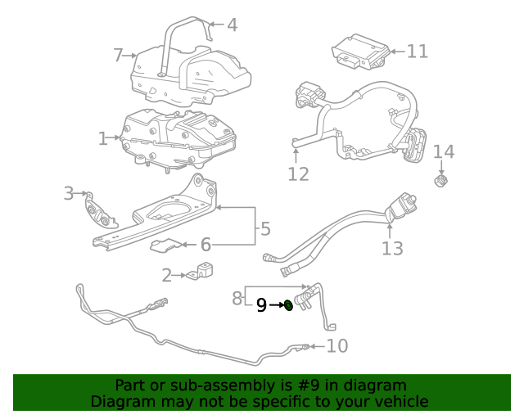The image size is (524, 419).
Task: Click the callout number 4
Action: (x=233, y=25)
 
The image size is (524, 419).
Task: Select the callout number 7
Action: (x=118, y=55)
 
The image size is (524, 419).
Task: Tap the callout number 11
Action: (x=418, y=52)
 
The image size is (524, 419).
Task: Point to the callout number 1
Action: (x=103, y=139)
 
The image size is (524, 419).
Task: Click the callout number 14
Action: (x=443, y=151)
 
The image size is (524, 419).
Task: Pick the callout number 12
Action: (x=298, y=173)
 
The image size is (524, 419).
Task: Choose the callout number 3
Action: (x=69, y=193)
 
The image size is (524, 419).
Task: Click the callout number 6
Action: (x=206, y=244)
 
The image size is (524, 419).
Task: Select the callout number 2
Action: (x=166, y=276)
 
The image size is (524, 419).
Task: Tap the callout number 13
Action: (x=393, y=247)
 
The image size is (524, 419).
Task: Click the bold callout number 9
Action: (x=261, y=305)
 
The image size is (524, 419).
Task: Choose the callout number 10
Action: (x=337, y=346)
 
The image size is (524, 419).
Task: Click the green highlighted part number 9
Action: (x=288, y=306)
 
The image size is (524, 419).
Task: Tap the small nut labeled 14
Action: (x=440, y=180)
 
